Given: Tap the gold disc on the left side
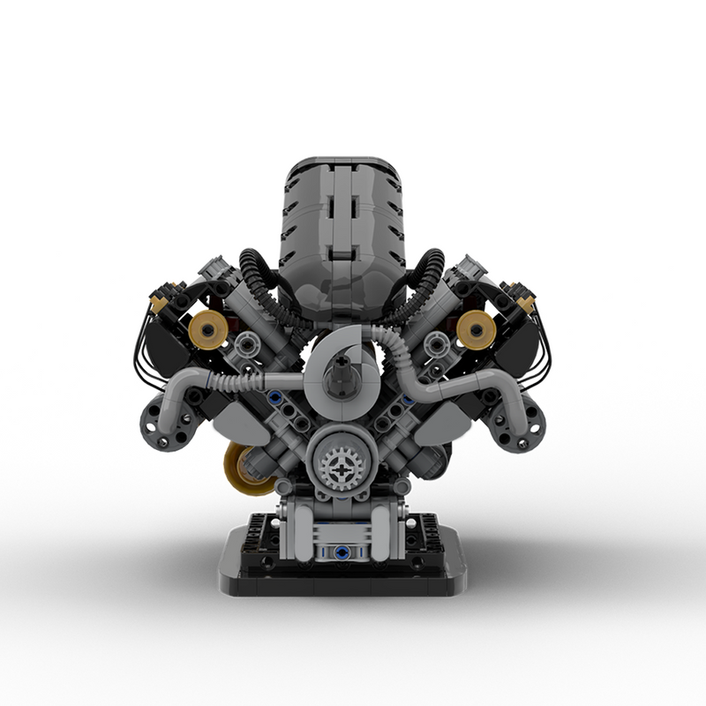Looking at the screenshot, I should [208, 330].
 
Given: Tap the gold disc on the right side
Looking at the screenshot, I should [476, 330].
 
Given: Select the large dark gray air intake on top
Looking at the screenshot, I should [341, 221].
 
